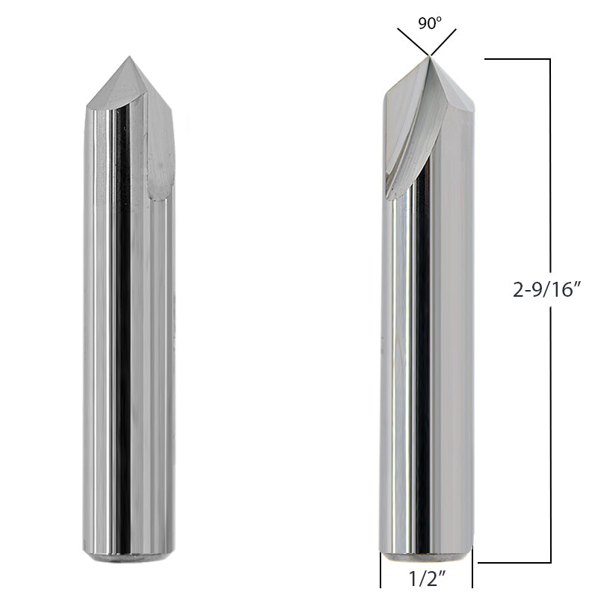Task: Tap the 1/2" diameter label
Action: coord(426,578)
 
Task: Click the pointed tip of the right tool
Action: coord(428,57)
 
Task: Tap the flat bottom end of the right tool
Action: coord(426,557)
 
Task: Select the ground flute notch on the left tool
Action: coord(160,161)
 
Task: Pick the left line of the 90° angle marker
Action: coord(412,42)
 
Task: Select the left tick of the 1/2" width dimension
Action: coord(380,576)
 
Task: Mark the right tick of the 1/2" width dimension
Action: coord(472,576)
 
